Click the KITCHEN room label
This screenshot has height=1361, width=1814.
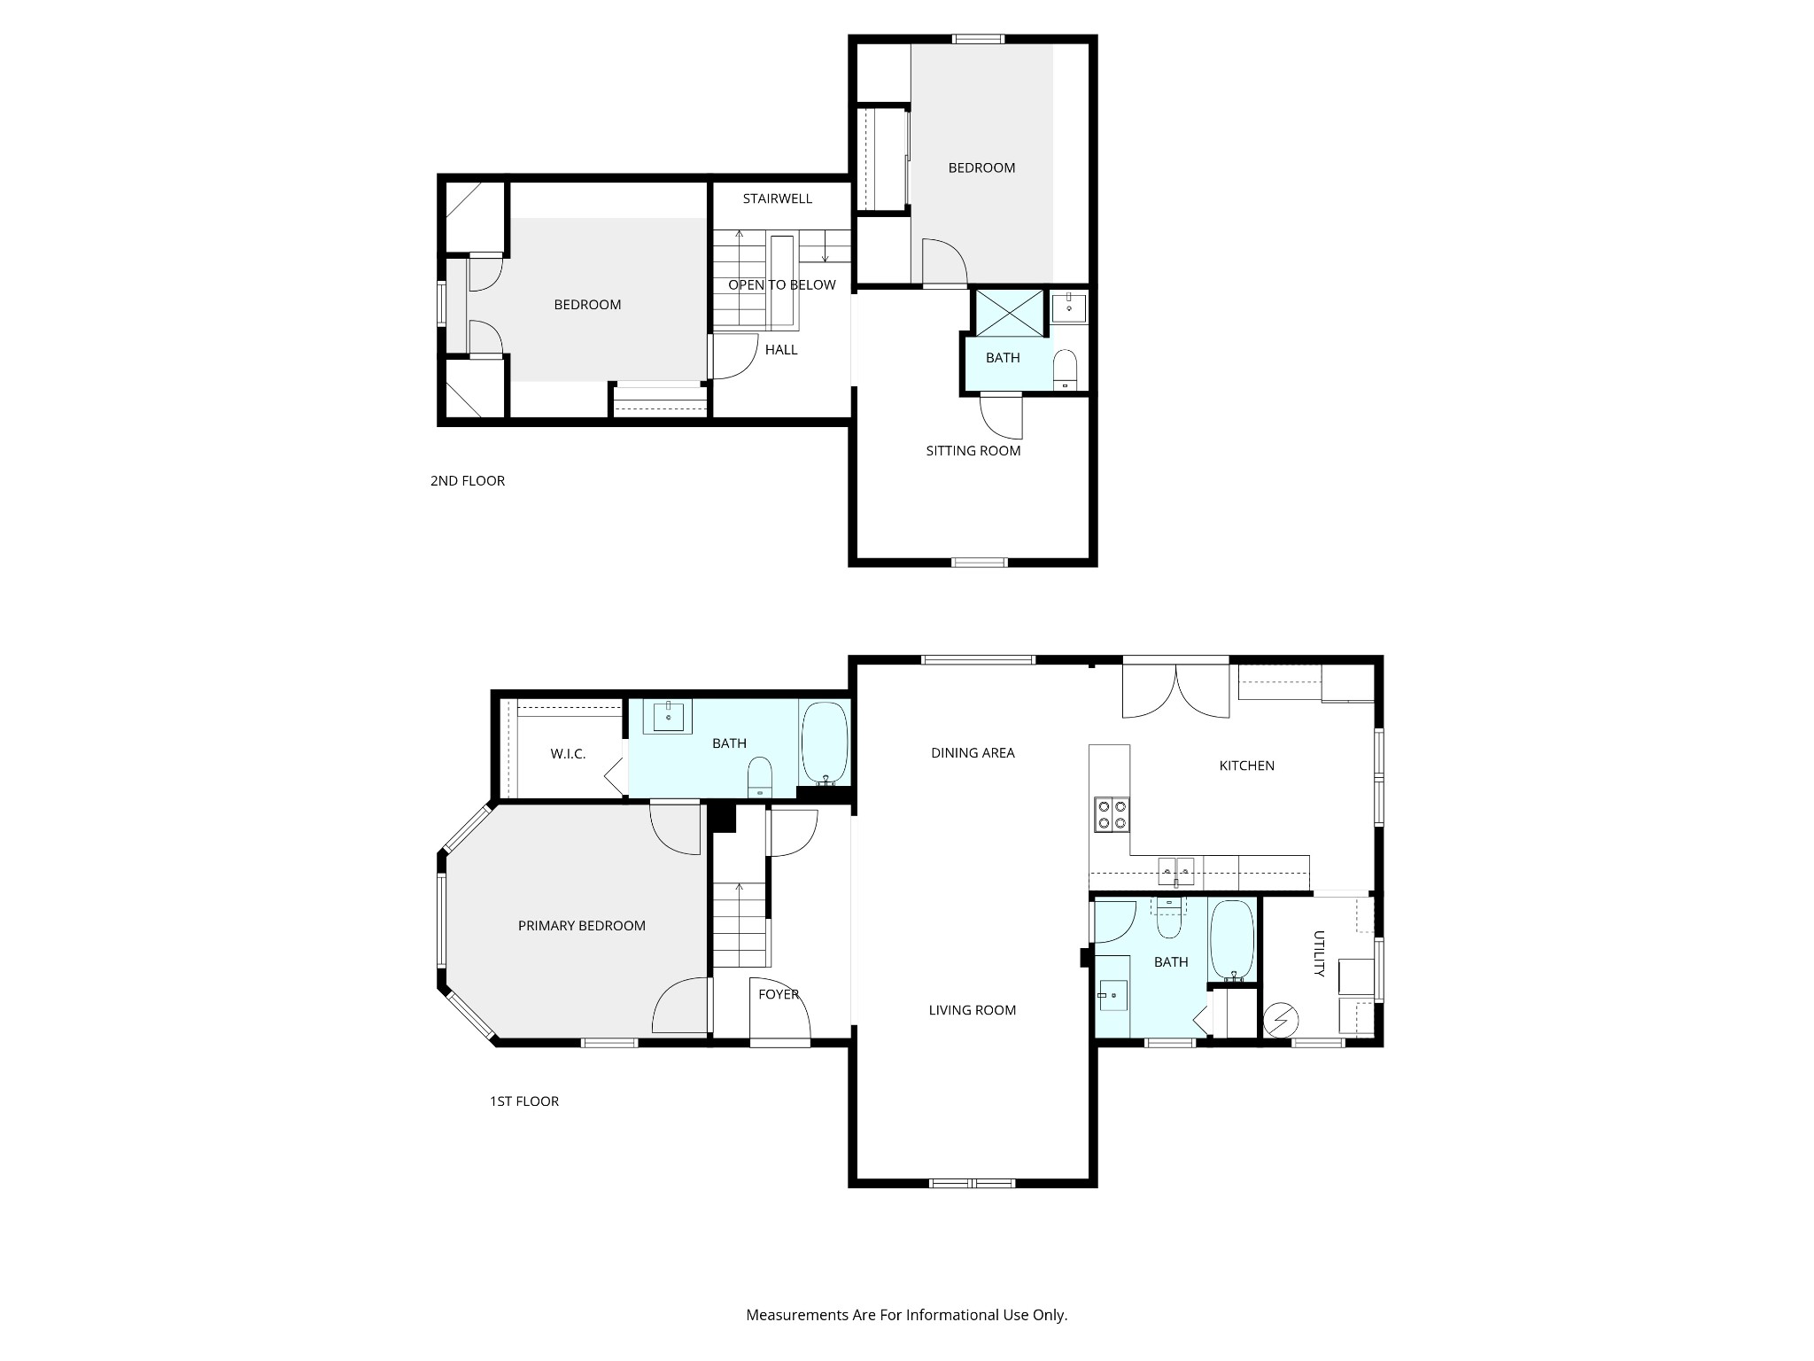pos(1246,766)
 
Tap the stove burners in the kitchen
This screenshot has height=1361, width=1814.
pos(1112,814)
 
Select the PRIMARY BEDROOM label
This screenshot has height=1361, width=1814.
pos(581,926)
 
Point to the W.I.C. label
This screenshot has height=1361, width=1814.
pos(568,754)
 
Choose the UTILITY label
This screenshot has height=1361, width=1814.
pos(1319,953)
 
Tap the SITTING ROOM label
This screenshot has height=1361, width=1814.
pos(973,451)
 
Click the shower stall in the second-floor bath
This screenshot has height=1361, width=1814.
pos(1009,313)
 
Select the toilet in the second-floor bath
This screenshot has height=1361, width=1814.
pos(1065,369)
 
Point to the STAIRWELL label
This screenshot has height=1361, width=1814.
pos(777,199)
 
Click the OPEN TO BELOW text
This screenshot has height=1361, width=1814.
pos(782,285)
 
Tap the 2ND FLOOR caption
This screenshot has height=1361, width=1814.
pos(468,481)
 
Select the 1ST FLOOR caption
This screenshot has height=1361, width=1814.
pos(524,1101)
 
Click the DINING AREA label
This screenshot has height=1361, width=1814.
pos(973,753)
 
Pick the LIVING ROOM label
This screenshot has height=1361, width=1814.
pos(973,1010)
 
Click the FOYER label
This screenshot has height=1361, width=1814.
pos(779,995)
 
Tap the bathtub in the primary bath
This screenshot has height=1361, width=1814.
pos(825,743)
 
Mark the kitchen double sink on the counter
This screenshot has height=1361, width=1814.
pos(1176,873)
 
